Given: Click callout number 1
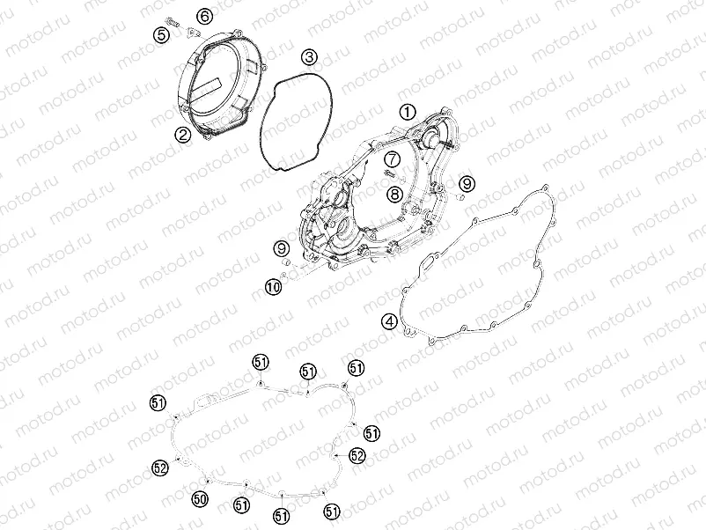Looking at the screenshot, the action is pyautogui.click(x=408, y=112).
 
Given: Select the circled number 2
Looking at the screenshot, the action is pyautogui.click(x=183, y=134).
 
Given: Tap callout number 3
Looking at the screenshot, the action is pyautogui.click(x=309, y=57).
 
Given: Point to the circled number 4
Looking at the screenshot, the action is pyautogui.click(x=389, y=321).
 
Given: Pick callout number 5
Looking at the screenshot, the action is pyautogui.click(x=161, y=34).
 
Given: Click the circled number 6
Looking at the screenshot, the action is pyautogui.click(x=204, y=17).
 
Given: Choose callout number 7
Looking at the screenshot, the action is pyautogui.click(x=392, y=159).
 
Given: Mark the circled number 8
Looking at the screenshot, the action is pyautogui.click(x=395, y=194).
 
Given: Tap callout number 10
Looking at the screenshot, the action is pyautogui.click(x=273, y=286).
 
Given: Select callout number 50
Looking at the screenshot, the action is pyautogui.click(x=200, y=498).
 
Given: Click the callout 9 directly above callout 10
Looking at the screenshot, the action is pyautogui.click(x=282, y=248).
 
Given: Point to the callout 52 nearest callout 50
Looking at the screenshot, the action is pyautogui.click(x=160, y=467).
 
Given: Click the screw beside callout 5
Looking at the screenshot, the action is pyautogui.click(x=173, y=21).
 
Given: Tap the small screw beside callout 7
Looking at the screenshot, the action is pyautogui.click(x=390, y=173).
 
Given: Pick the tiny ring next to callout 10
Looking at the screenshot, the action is pyautogui.click(x=284, y=276).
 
